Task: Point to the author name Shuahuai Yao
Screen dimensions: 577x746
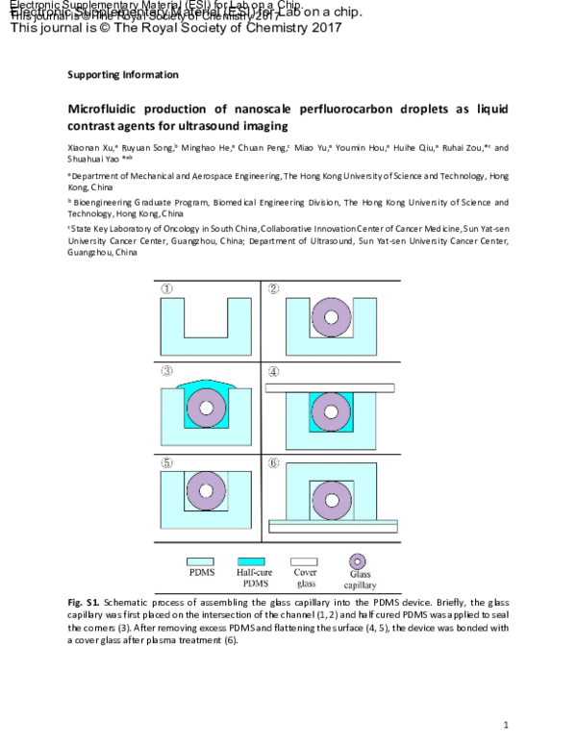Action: point(91,161)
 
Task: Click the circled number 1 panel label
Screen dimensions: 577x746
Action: point(166,287)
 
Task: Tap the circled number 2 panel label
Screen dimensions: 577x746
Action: point(273,287)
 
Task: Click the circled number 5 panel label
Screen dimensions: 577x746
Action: point(166,461)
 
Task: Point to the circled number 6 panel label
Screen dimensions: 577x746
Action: point(273,461)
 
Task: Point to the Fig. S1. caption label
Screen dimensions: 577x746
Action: point(81,601)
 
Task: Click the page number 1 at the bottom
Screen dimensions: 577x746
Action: point(506,724)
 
